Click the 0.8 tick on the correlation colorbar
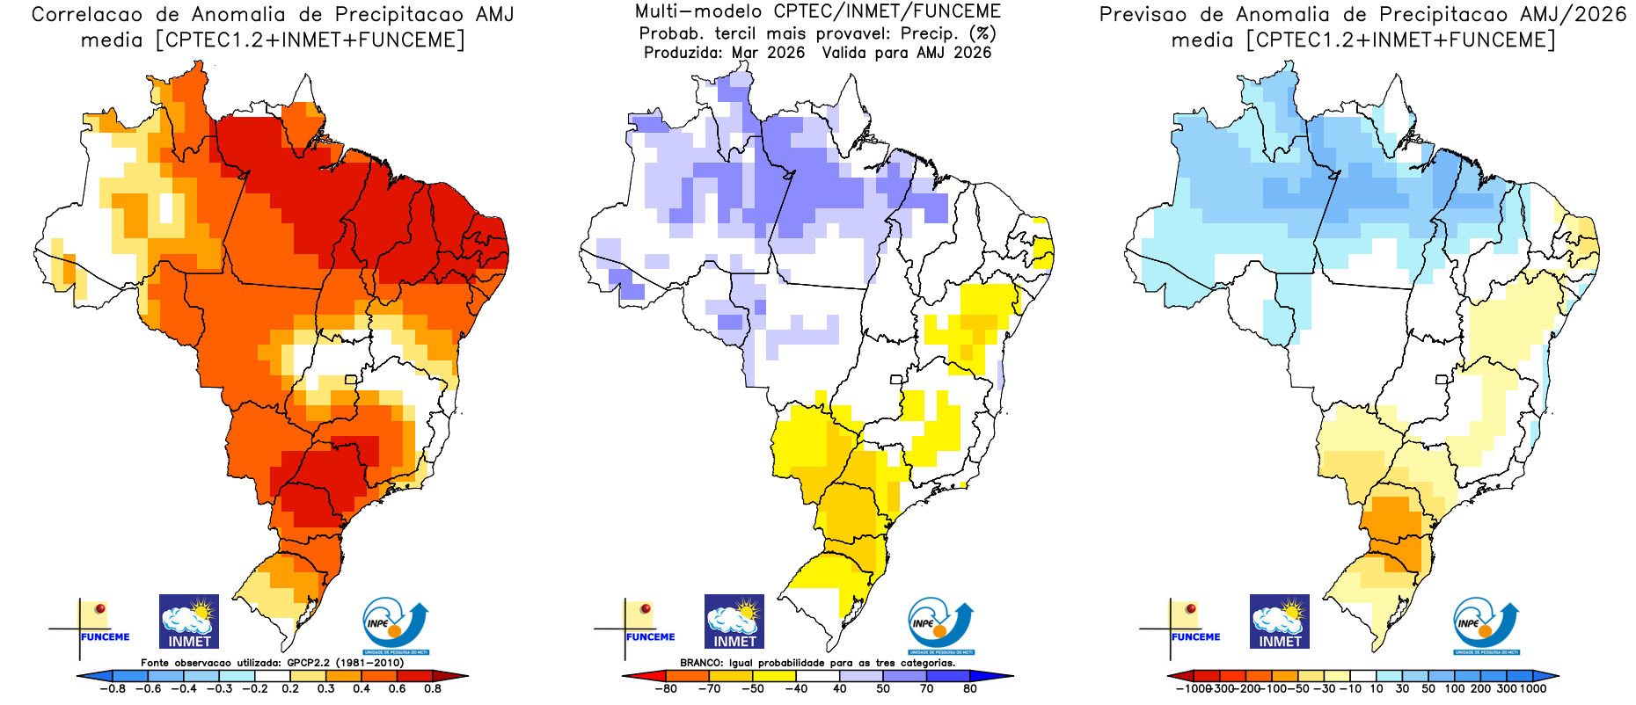click(x=432, y=688)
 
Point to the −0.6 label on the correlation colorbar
click(x=148, y=688)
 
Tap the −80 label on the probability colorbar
click(x=666, y=688)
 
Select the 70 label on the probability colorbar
click(x=926, y=688)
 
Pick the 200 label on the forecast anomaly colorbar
click(x=1480, y=688)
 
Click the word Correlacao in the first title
click(x=86, y=15)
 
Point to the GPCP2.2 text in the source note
click(x=309, y=663)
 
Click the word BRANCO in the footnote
click(x=701, y=663)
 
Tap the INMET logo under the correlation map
click(x=189, y=621)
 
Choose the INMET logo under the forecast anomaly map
click(x=1280, y=621)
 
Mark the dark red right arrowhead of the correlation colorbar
click(x=458, y=676)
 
